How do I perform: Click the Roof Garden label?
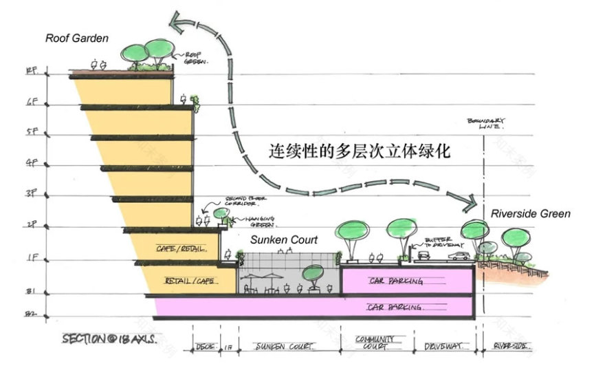point(77,39)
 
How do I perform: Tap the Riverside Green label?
point(530,214)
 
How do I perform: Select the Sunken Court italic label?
point(283,240)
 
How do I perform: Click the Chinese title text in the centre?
point(357,151)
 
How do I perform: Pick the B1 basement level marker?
point(30,291)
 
